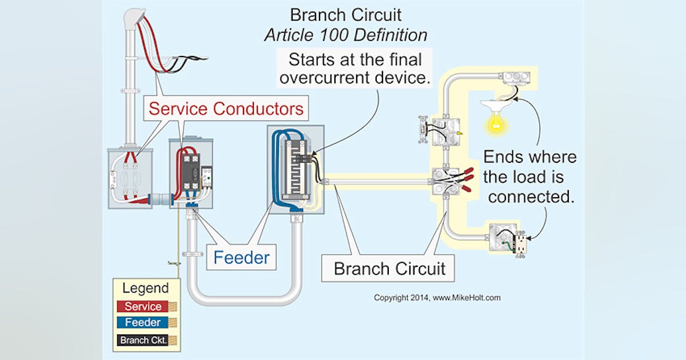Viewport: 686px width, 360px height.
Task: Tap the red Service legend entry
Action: (x=143, y=306)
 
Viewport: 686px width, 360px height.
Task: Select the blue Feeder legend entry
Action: (x=143, y=323)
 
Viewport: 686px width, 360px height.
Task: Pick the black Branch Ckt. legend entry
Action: (x=143, y=340)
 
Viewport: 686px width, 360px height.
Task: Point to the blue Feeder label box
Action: (x=241, y=257)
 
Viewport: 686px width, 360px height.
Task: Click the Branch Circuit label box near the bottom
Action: (x=389, y=269)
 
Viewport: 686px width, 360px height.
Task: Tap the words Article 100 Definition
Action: (x=345, y=35)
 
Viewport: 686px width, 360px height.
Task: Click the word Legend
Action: (x=146, y=288)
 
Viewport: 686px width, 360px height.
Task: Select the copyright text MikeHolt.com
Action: (x=437, y=298)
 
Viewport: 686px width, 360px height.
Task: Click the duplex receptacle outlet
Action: (x=521, y=245)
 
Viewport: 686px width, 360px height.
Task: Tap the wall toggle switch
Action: (x=424, y=130)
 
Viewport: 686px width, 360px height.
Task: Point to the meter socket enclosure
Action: (x=130, y=178)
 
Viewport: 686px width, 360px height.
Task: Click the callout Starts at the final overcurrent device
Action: (x=355, y=67)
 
